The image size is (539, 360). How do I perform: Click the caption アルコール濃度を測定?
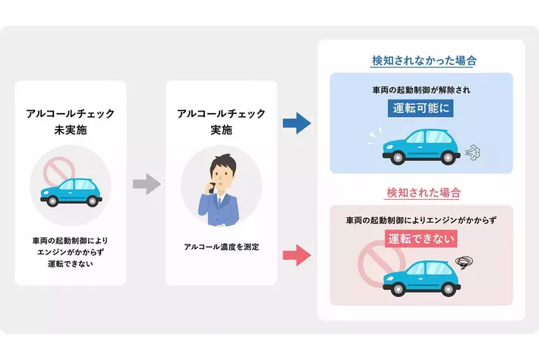(222, 247)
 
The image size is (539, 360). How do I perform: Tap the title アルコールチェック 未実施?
(71, 122)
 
